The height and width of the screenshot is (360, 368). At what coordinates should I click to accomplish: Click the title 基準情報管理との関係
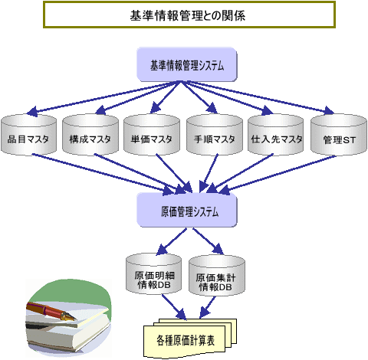(188, 15)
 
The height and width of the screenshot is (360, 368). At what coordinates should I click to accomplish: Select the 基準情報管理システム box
(187, 65)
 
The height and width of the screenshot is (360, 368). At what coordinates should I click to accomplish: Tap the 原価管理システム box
(187, 211)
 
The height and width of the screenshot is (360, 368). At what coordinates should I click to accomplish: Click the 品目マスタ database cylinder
(28, 134)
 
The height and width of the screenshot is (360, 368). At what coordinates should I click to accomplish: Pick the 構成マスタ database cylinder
(90, 134)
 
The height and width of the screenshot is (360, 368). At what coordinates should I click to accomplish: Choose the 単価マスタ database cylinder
(152, 134)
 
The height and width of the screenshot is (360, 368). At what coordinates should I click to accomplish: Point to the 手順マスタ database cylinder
(215, 134)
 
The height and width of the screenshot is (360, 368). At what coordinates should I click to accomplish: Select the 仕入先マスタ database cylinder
(276, 134)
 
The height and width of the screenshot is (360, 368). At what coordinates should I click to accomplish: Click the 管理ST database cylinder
(339, 134)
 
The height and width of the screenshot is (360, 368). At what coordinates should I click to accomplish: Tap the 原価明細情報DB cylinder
(154, 273)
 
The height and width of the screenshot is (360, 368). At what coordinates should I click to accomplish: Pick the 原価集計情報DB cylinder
(217, 276)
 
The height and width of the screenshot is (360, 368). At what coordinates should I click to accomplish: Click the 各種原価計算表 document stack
(189, 338)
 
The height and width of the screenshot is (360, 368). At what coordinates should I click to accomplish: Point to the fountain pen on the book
(51, 312)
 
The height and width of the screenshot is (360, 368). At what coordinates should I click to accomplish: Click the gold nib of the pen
(68, 316)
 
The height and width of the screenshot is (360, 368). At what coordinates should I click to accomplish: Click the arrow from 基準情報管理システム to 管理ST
(258, 98)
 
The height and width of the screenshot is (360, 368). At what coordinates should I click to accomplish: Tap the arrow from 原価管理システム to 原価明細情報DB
(171, 241)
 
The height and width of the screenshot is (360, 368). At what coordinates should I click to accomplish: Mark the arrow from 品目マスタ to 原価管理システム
(103, 174)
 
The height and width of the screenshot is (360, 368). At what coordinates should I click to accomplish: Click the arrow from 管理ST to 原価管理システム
(277, 175)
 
